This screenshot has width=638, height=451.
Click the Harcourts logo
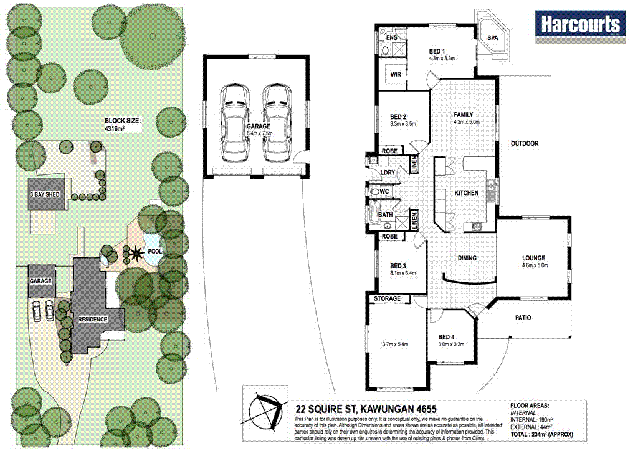580,24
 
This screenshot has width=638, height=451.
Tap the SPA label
492,39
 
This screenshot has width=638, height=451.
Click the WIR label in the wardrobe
395,74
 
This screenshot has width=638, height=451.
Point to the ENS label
391,38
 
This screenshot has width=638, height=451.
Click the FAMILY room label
463,115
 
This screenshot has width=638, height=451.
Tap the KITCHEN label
466,193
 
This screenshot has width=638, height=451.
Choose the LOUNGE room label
534,258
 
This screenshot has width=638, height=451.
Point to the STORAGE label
388,299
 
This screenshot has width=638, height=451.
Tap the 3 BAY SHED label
44,195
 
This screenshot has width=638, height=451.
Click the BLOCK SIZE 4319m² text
123,125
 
